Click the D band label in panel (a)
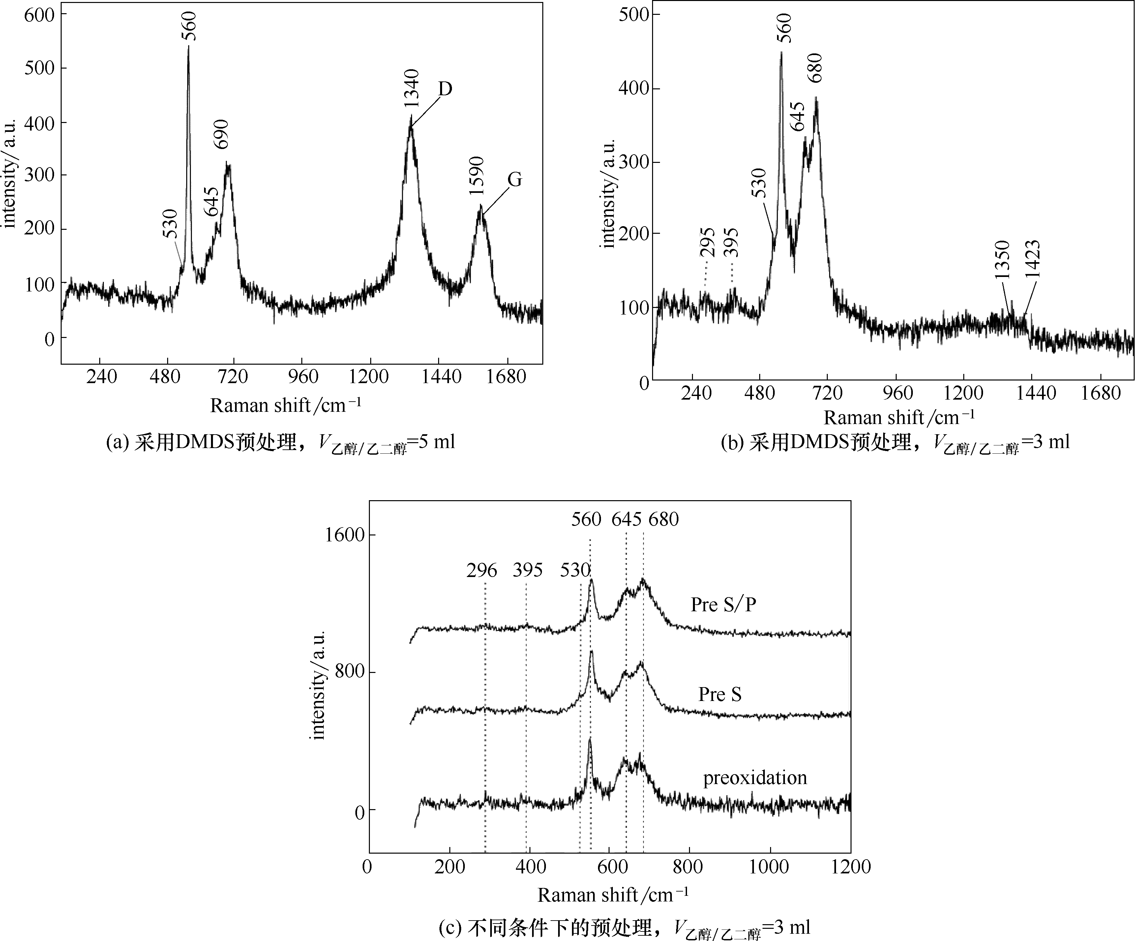point(445,89)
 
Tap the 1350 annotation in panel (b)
point(1002,260)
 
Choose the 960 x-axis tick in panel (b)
point(897,393)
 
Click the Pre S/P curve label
point(723,604)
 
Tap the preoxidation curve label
point(755,778)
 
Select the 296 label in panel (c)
point(482,570)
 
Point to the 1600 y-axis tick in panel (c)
point(345,535)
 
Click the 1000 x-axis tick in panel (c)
point(769,867)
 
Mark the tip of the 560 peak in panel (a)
point(189,46)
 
